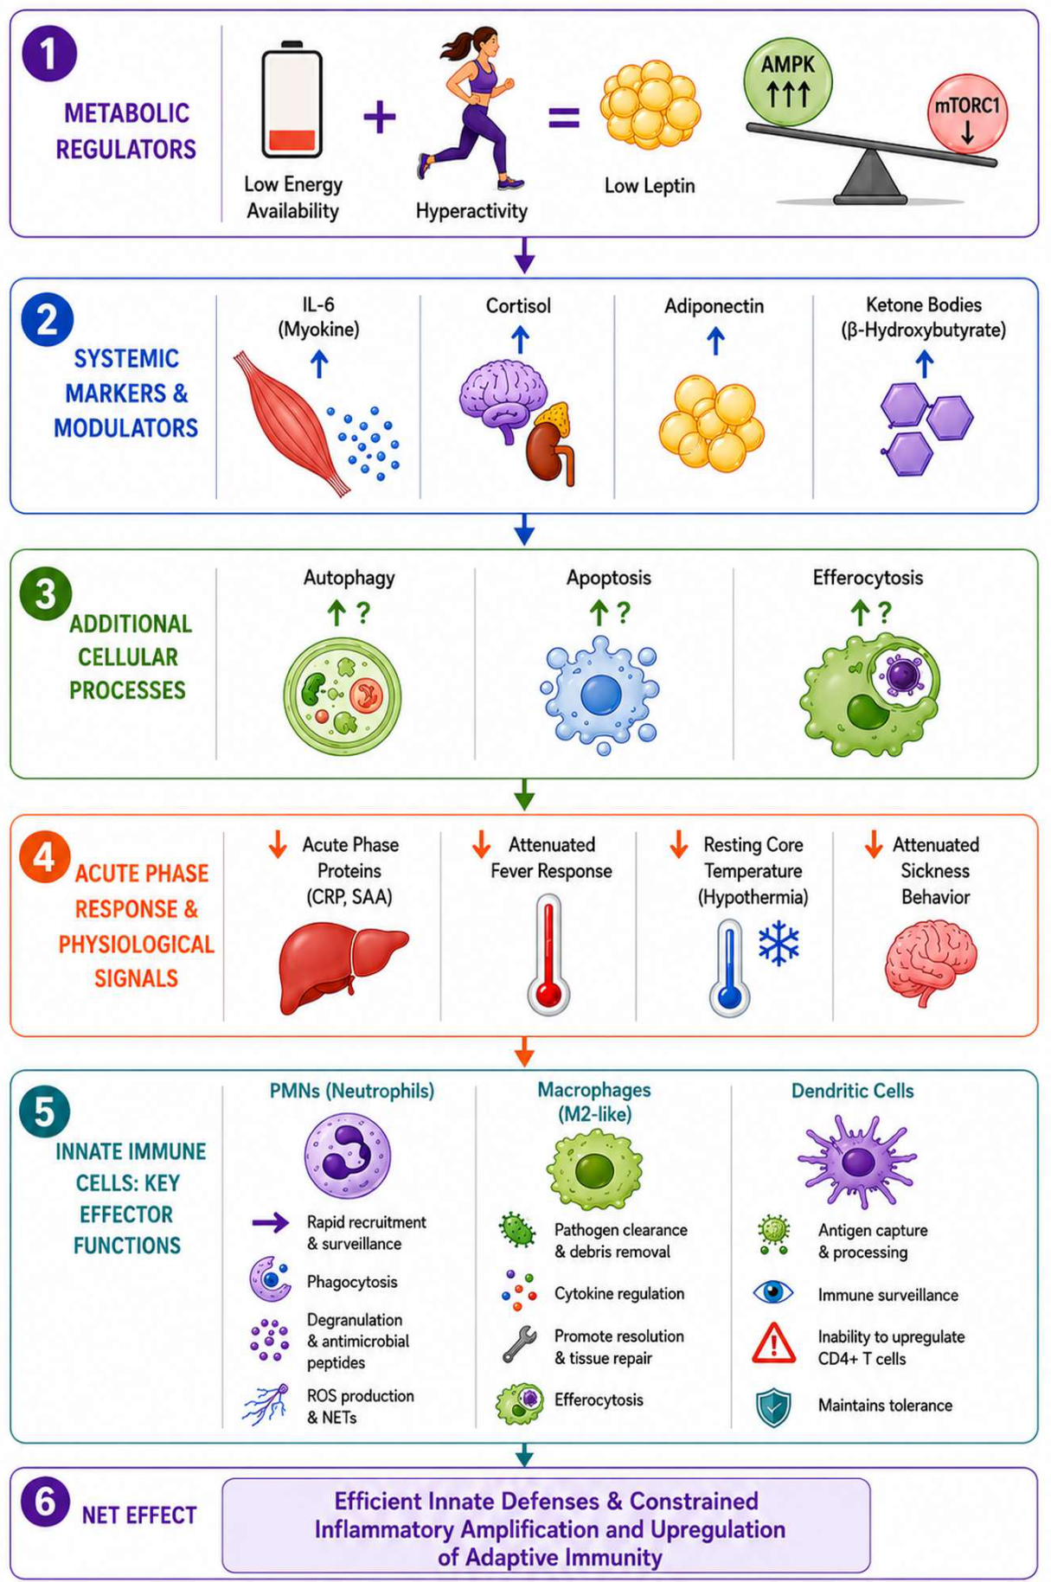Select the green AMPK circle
(787, 82)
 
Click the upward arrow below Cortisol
(520, 340)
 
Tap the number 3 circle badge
(45, 594)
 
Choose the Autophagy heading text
(349, 578)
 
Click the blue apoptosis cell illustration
(599, 695)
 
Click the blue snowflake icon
(779, 944)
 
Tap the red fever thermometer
(548, 954)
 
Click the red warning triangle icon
(774, 1343)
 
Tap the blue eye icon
(773, 1292)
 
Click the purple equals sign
(564, 117)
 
